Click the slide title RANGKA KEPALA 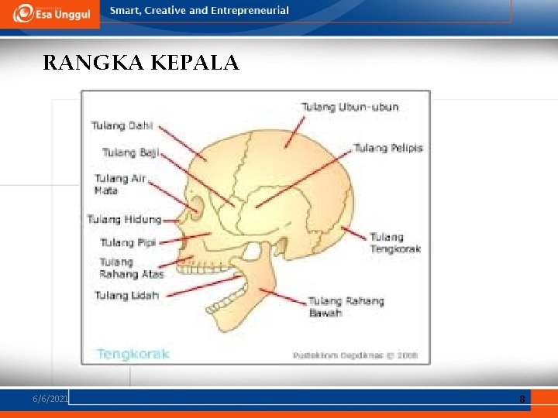(x=141, y=63)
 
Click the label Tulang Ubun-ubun (x=350, y=107)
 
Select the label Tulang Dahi (x=122, y=125)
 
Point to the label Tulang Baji (x=130, y=152)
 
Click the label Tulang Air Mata (x=119, y=184)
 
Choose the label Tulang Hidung (x=124, y=220)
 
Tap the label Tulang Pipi (x=128, y=242)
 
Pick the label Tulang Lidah (x=126, y=295)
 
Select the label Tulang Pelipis (x=388, y=148)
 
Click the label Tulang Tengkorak (x=394, y=243)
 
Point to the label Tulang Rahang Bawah (x=346, y=307)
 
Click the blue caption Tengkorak (x=133, y=354)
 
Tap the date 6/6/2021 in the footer (x=50, y=398)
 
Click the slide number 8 (x=522, y=399)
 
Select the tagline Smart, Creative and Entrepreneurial (x=199, y=11)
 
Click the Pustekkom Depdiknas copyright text (x=355, y=355)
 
